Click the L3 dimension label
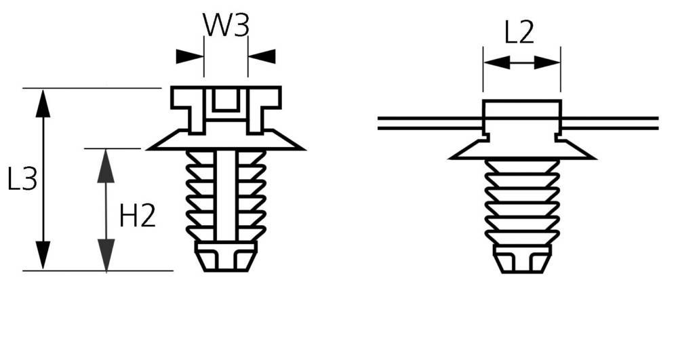[22, 178]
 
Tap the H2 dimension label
[137, 216]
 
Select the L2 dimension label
[520, 33]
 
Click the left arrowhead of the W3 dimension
[190, 56]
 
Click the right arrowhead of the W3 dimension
[262, 56]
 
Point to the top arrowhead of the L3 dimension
[42, 103]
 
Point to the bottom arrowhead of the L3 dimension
[42, 256]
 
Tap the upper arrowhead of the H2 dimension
[106, 165]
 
